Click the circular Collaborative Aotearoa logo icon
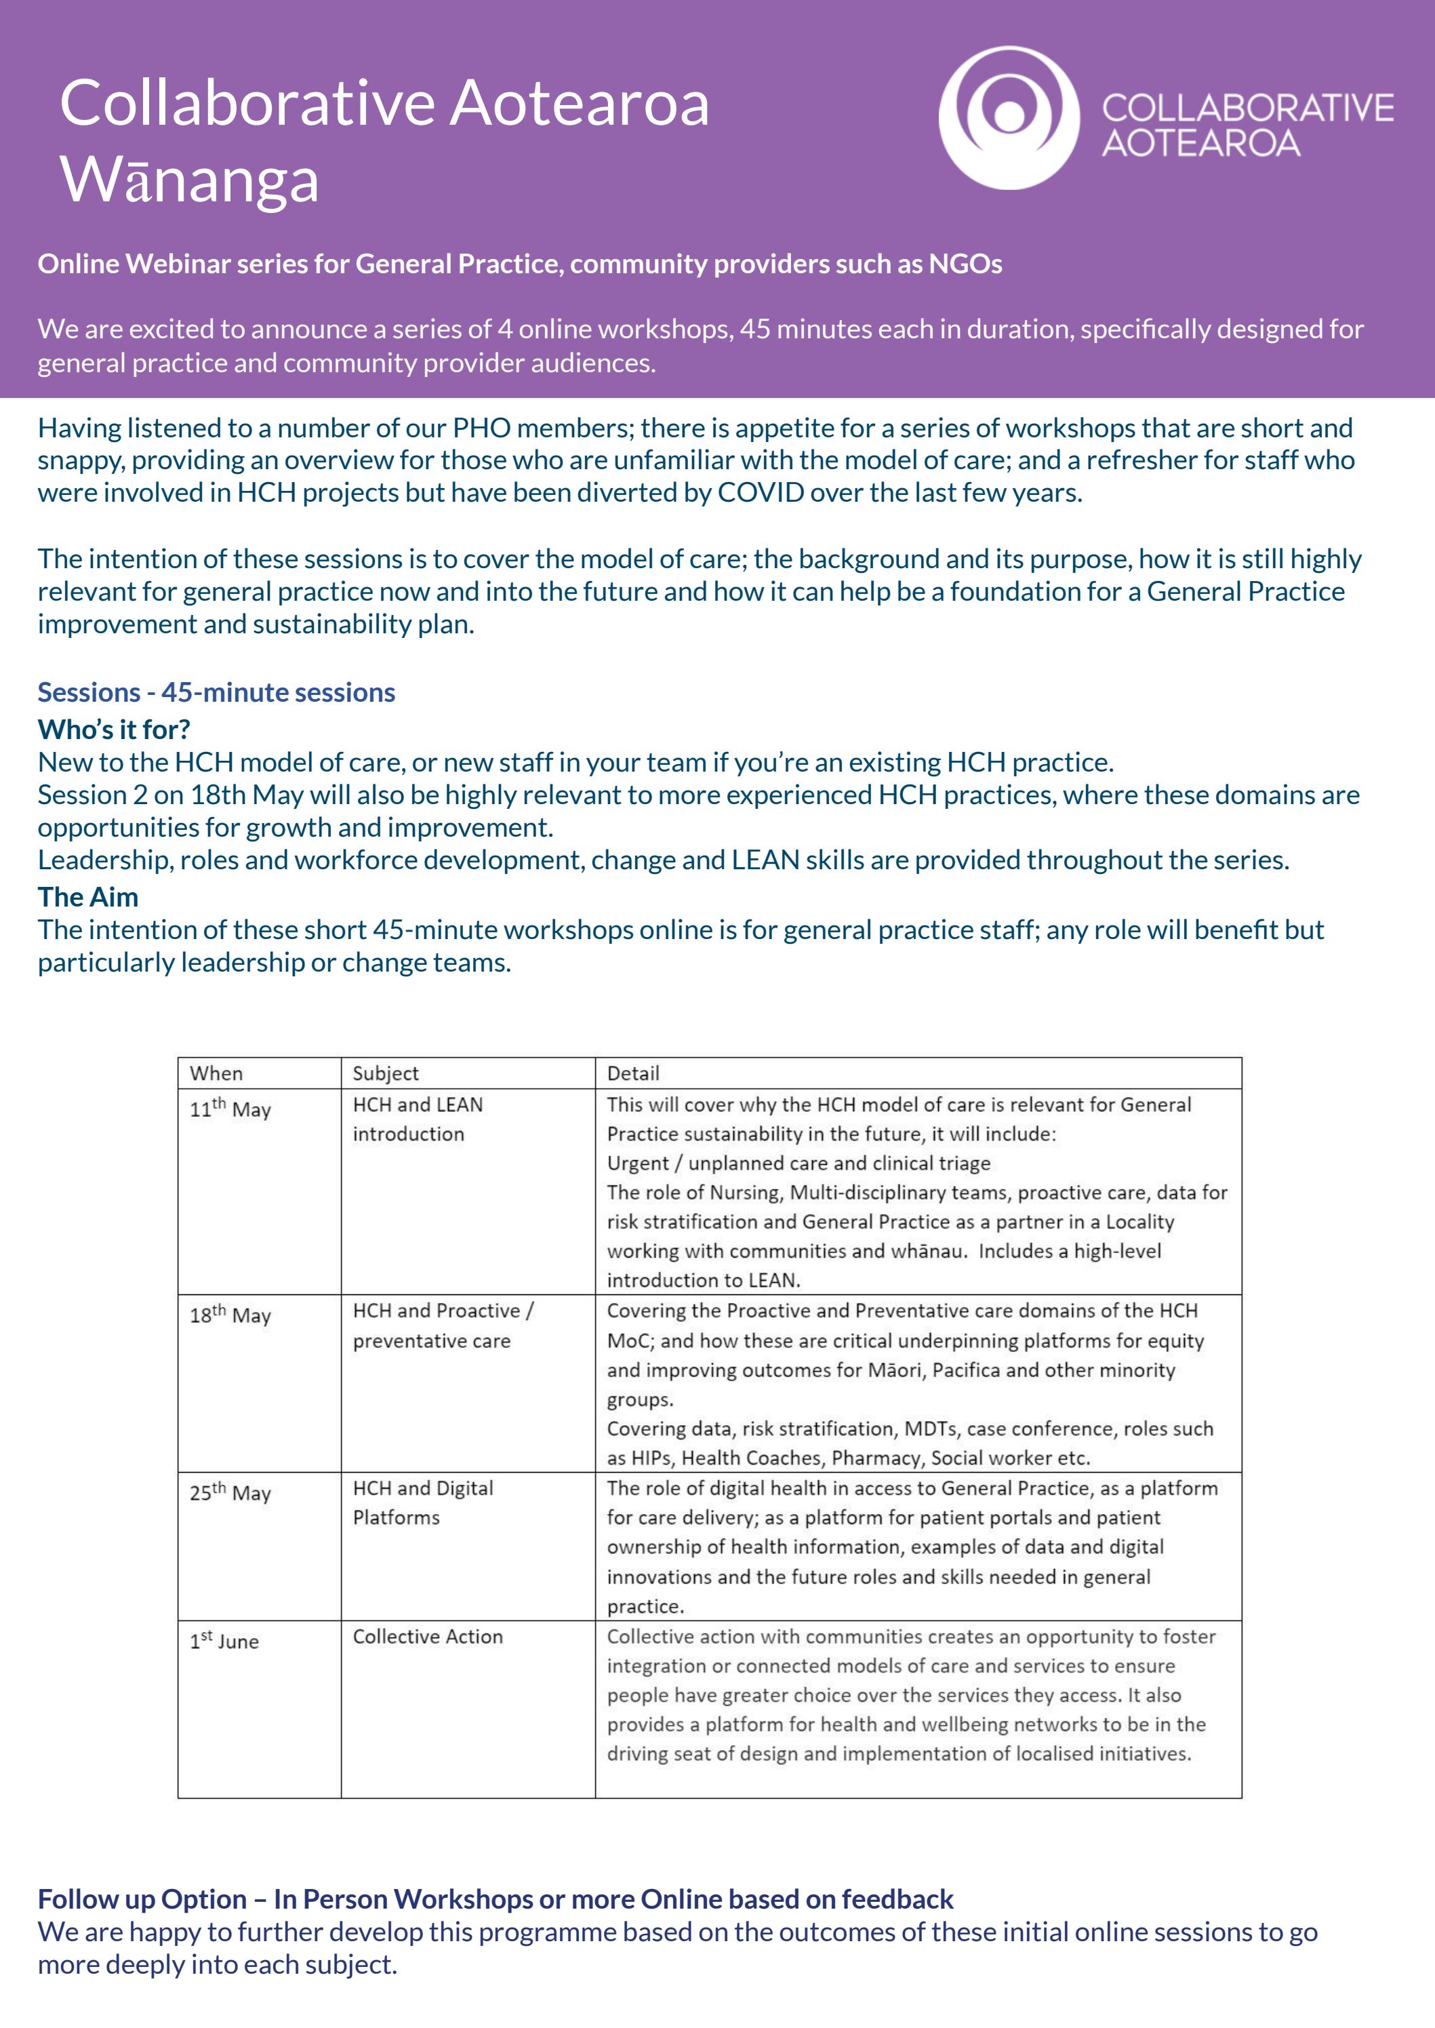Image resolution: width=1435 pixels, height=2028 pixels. coord(1008,117)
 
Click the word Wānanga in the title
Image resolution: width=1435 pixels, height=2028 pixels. coord(189,180)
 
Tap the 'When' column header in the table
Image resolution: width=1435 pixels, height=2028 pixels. coord(216,1073)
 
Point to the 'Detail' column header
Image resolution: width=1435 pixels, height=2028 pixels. coord(632,1073)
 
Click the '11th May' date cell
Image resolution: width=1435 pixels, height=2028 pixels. coord(230,1109)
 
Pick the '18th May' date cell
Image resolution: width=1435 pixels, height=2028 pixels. coord(230,1315)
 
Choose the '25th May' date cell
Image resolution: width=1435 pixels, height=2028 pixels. coord(230,1492)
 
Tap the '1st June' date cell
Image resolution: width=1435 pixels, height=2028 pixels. coord(224,1641)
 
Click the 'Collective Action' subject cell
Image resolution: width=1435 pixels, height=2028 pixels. coord(428,1637)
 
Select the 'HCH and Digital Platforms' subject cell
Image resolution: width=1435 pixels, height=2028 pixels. coord(422,1503)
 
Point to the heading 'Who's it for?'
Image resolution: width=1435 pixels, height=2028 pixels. coord(114,729)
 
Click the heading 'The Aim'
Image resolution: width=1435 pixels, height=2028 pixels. coord(87,897)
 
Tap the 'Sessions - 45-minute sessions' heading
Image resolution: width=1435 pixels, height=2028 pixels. coord(216,692)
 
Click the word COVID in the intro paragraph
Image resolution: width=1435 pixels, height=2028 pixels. coord(760,493)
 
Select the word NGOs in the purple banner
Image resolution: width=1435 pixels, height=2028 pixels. coord(965,264)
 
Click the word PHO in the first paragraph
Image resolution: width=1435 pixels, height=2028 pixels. coord(481,429)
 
